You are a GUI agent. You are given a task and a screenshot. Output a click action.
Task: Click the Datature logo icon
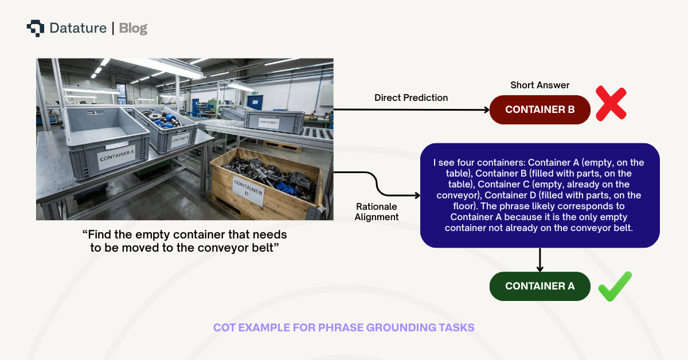tap(35, 28)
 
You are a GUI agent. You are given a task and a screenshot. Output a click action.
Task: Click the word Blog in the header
tap(133, 28)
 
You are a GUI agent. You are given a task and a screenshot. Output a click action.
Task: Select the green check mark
tap(615, 286)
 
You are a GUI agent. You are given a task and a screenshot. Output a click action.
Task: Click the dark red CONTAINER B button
tap(540, 109)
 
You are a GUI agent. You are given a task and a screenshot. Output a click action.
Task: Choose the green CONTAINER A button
tap(540, 286)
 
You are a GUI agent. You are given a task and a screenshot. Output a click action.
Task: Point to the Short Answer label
tap(540, 85)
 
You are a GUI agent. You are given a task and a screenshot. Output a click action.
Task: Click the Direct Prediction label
tap(411, 98)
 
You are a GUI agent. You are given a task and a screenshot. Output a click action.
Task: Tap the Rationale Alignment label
tap(376, 212)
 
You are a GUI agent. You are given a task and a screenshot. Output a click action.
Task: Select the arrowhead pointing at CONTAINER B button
tap(486, 109)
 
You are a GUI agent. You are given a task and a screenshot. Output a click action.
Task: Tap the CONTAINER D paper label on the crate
tap(248, 189)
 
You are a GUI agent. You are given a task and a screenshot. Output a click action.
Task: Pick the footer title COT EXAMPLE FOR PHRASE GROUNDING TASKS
tap(343, 327)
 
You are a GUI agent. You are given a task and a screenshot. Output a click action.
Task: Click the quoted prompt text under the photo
tap(185, 241)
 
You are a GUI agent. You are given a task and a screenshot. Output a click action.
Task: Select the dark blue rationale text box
tap(540, 195)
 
